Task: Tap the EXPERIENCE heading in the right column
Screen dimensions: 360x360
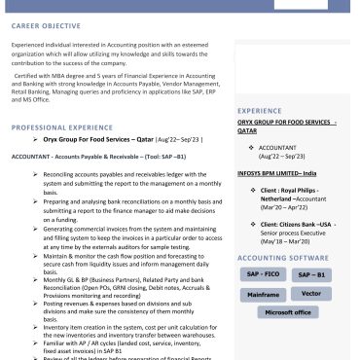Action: click(259, 111)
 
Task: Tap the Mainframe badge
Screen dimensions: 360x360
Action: click(263, 293)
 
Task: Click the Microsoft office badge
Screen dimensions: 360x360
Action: click(288, 311)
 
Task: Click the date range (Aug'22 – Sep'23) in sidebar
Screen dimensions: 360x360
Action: click(281, 156)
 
